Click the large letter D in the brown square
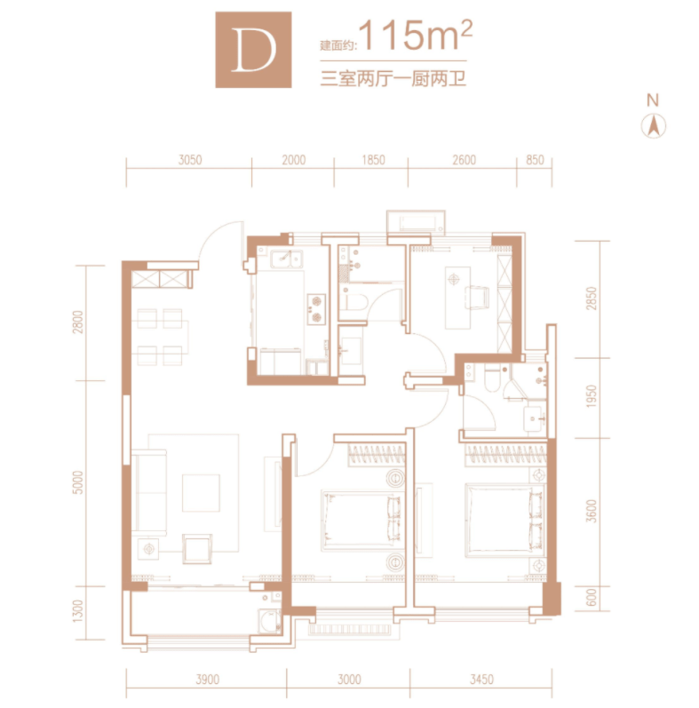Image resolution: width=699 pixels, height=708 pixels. point(253,50)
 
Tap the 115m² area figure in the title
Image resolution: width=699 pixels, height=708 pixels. point(416,36)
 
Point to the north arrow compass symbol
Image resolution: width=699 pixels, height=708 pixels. point(654,125)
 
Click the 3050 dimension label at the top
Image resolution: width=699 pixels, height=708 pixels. point(190,160)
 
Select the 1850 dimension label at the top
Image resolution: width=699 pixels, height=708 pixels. point(373,160)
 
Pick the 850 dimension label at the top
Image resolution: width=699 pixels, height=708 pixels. point(535,160)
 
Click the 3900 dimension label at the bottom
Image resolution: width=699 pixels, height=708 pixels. point(208,679)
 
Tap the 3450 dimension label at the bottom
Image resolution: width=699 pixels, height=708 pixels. point(481,679)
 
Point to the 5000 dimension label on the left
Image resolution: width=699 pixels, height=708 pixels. point(78,482)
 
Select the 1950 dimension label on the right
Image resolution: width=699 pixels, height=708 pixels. point(591,396)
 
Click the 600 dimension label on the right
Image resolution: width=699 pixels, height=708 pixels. point(591,597)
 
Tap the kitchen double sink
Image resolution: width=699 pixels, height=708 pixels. point(286,259)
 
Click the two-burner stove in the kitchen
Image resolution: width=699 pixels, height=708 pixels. point(316,309)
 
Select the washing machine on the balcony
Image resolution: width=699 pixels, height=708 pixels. point(270,621)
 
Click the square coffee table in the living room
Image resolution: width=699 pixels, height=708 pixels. point(201,493)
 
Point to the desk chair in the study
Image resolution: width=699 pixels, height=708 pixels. point(477,297)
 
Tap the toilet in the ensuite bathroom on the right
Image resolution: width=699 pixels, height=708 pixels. point(492,378)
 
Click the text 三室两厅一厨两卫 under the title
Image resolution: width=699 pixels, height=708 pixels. point(393,78)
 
